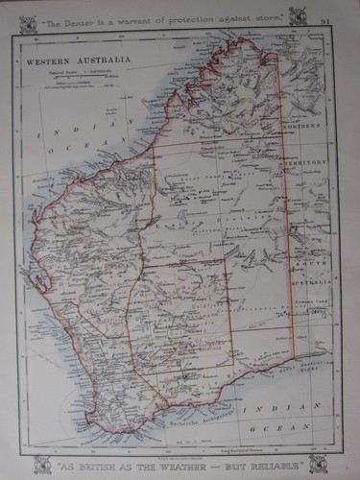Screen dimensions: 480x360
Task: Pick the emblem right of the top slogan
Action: click(x=312, y=16)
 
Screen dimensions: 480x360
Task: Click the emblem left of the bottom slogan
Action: click(x=42, y=464)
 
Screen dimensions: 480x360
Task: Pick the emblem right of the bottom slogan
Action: click(x=318, y=464)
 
